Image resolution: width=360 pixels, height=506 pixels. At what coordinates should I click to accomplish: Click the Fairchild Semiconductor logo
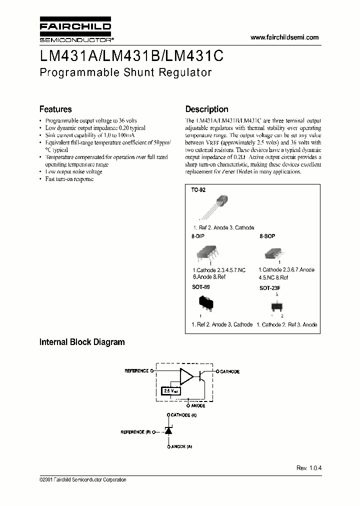(75, 30)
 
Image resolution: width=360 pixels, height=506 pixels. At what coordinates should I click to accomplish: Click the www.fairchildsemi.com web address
(284, 37)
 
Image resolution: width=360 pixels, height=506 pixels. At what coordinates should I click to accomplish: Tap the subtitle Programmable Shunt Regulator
(125, 72)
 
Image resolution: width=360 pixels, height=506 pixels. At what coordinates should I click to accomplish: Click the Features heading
(55, 109)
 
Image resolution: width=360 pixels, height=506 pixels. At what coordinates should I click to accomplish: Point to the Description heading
(206, 109)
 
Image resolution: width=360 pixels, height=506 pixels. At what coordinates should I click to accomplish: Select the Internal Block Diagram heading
(82, 342)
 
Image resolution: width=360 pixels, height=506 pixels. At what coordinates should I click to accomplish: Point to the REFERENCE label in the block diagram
(136, 371)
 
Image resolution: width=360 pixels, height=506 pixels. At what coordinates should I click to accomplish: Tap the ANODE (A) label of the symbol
(181, 446)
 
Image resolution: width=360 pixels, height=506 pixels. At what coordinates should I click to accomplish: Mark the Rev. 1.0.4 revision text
(309, 468)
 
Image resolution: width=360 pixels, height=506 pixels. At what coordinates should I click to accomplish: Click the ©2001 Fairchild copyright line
(82, 480)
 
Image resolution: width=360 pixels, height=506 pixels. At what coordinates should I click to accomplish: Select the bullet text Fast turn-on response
(69, 179)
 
